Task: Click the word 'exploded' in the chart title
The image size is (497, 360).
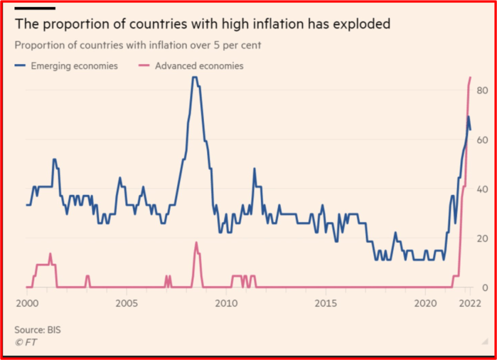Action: (358, 24)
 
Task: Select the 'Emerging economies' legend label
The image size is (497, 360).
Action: (74, 66)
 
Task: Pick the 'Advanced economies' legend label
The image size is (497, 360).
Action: (199, 66)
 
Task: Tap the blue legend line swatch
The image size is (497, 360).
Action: (21, 66)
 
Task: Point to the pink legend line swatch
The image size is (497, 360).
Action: (145, 66)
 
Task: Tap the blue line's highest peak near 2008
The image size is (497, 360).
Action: (194, 77)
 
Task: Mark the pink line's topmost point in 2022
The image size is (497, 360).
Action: (470, 77)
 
